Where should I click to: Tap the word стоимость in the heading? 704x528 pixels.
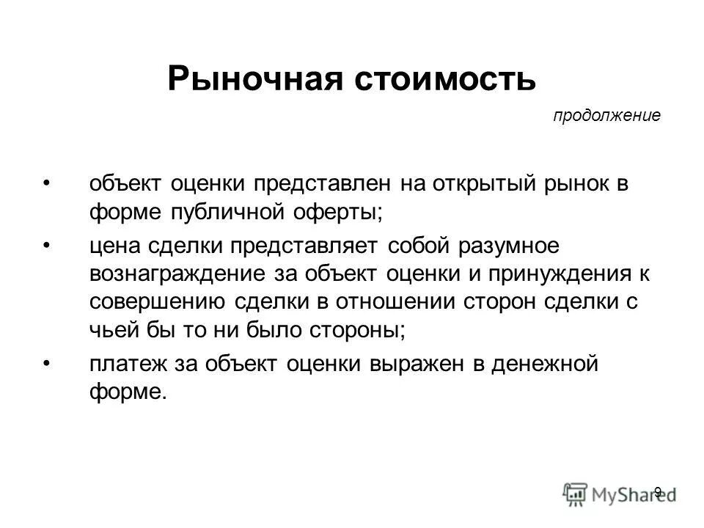click(446, 79)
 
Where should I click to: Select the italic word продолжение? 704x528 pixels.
click(606, 116)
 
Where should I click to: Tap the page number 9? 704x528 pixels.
click(658, 492)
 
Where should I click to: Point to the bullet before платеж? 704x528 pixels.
click(48, 363)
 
